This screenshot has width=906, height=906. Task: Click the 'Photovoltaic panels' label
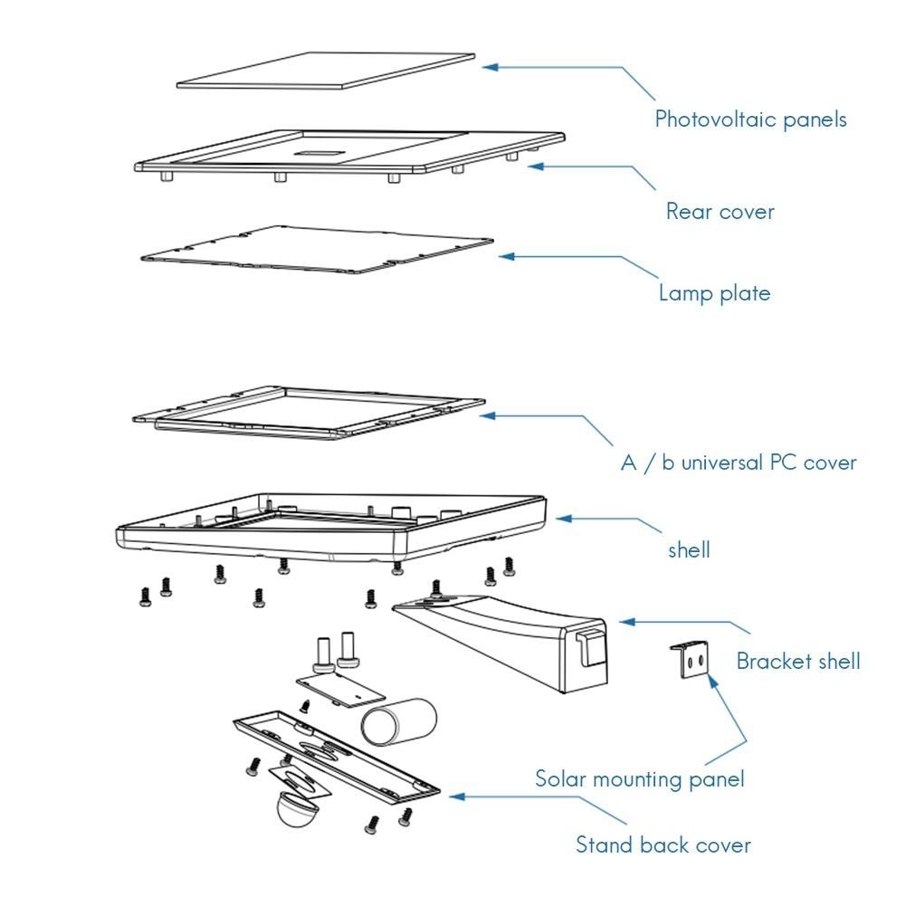(x=750, y=119)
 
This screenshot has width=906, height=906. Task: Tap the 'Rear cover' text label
(x=720, y=212)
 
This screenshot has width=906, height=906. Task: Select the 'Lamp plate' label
(x=714, y=293)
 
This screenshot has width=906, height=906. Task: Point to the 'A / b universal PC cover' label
(x=738, y=463)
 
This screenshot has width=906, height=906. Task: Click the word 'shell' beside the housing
(x=689, y=549)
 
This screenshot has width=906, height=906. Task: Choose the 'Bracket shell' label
(x=797, y=661)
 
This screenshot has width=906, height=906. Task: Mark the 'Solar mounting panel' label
(x=639, y=778)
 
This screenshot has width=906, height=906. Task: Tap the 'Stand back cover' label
(x=663, y=845)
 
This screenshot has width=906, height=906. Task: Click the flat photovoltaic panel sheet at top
(x=326, y=71)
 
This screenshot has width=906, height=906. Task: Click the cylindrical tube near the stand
(x=399, y=720)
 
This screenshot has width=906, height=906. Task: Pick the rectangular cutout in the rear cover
(x=318, y=152)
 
